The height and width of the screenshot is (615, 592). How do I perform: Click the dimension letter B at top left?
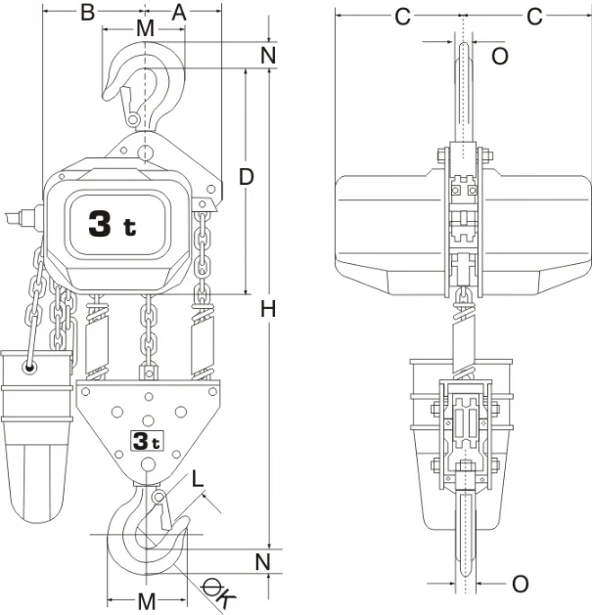87,13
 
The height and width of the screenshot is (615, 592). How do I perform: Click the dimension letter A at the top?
179,13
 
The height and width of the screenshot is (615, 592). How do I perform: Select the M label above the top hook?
146,28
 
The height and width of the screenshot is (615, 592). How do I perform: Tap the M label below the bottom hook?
147,600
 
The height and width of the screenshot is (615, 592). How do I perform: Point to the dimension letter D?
247,177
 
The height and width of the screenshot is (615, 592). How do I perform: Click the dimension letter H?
268,309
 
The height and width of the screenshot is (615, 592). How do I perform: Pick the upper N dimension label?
268,56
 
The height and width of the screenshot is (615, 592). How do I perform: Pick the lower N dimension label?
263,562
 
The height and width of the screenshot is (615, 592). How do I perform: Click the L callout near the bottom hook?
198,478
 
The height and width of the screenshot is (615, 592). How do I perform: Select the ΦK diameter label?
218,593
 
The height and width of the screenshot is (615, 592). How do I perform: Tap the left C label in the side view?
403,17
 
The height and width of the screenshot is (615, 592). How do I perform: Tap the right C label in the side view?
534,17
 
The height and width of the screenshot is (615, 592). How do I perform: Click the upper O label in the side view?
500,56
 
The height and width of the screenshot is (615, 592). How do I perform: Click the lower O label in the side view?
521,584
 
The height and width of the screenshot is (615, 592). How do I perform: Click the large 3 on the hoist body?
100,224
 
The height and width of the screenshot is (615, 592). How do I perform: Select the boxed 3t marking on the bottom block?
147,441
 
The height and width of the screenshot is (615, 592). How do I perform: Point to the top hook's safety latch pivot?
133,119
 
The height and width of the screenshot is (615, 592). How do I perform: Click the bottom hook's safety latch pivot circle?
159,498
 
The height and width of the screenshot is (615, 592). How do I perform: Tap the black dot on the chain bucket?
29,368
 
